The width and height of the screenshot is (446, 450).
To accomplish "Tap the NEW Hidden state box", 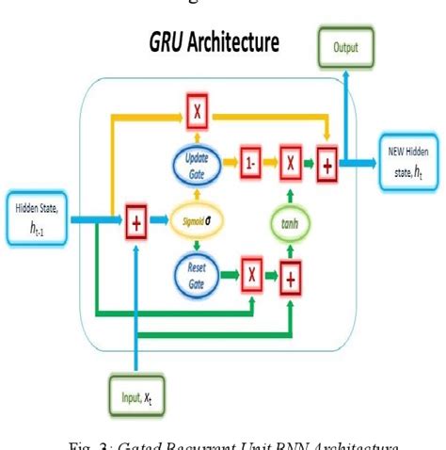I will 406,156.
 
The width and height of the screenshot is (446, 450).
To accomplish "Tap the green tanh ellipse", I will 290,223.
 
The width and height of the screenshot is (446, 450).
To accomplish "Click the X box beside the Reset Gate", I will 250,276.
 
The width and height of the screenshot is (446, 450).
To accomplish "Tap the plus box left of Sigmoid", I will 136,223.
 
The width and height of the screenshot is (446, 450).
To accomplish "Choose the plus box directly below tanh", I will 291,276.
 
